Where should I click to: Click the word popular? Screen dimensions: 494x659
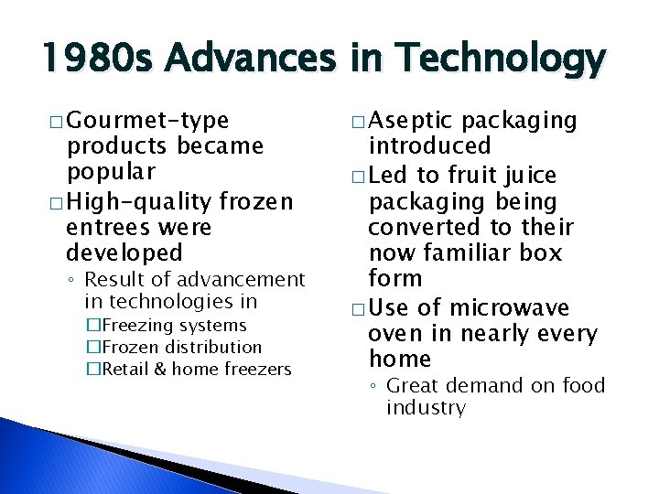coord(111,171)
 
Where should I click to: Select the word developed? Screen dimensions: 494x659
coord(124,252)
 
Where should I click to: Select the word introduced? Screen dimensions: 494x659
coord(429,145)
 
